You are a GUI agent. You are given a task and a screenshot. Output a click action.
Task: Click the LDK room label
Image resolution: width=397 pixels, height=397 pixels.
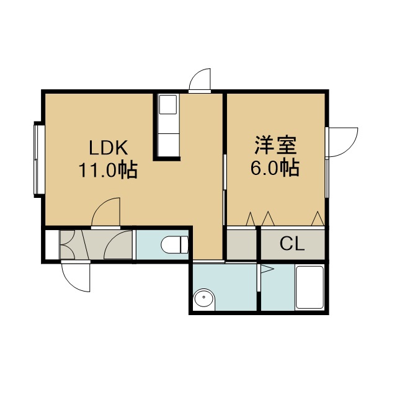point(109,148)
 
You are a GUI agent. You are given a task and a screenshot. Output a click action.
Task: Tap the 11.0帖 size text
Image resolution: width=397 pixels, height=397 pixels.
point(109,169)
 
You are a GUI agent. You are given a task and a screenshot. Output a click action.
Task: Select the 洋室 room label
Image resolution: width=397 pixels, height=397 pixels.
point(275,145)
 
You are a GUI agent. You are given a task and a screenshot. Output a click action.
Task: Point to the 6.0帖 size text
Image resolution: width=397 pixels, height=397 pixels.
point(275,167)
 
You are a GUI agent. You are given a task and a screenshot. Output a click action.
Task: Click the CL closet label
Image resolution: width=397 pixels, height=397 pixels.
point(292,244)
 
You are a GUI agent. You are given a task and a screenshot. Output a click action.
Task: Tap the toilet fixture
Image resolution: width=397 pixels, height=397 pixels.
point(174,244)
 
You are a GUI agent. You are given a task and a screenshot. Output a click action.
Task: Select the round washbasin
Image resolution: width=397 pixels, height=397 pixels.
point(204,299)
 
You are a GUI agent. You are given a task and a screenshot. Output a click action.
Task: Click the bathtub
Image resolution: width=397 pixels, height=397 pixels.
point(310,287)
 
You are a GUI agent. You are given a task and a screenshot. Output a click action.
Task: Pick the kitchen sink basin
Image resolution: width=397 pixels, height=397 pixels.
point(167,104)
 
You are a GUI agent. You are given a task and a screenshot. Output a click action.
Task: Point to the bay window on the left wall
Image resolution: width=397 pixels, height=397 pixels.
point(39,160)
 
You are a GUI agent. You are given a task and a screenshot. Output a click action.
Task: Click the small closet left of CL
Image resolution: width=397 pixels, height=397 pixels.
point(241,244)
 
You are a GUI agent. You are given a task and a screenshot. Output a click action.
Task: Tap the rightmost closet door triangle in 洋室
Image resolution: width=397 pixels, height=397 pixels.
point(318,218)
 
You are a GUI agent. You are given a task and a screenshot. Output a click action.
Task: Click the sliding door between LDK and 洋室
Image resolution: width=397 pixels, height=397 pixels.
point(225,189)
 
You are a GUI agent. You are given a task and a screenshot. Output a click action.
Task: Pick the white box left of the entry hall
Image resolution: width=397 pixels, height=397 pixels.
point(52,244)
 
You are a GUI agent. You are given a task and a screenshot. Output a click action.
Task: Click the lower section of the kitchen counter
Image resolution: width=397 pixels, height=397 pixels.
point(168,145)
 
